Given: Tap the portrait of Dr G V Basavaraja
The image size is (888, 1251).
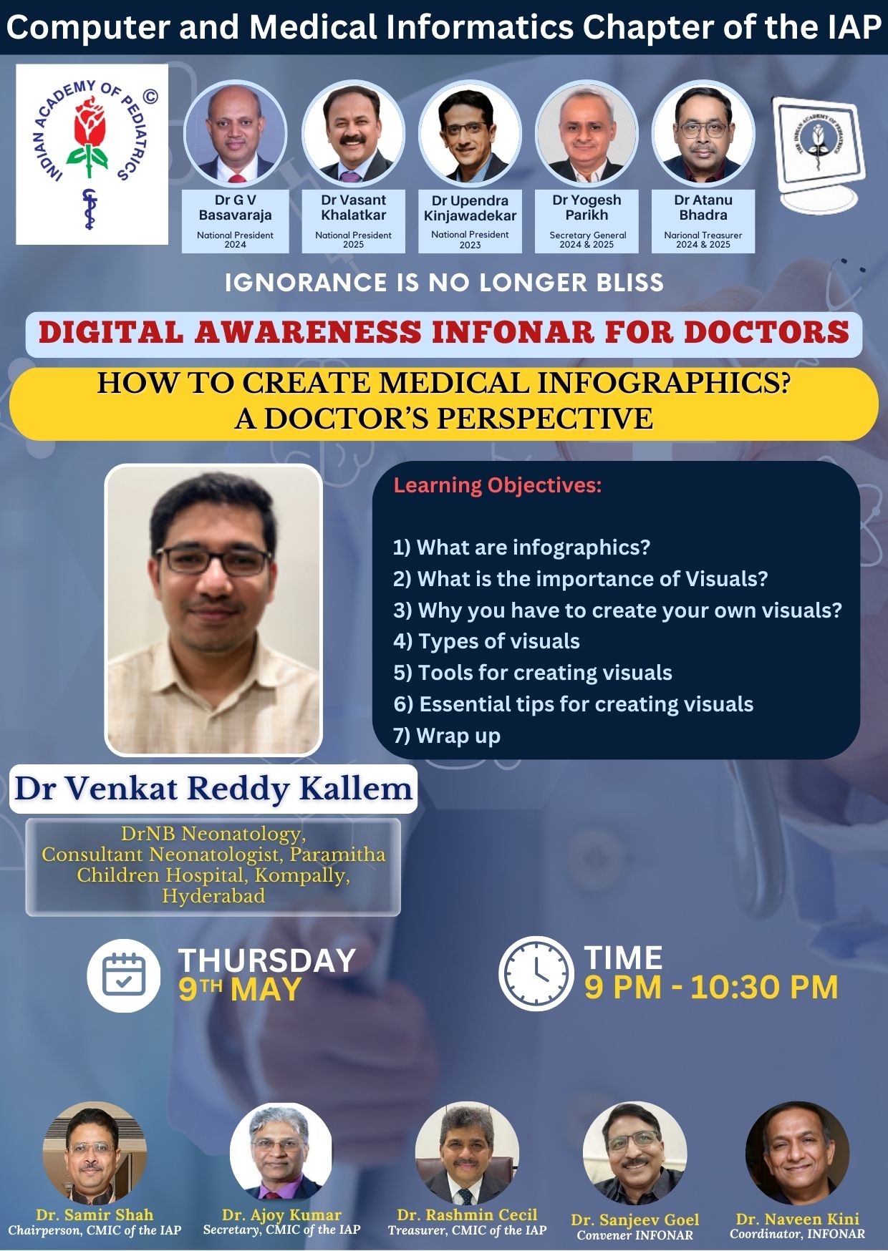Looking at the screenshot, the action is click(235, 133).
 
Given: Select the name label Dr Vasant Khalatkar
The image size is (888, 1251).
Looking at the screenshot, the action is click(354, 208).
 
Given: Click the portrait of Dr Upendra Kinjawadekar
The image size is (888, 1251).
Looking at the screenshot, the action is click(470, 133).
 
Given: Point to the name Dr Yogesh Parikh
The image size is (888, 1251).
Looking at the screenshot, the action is click(587, 208).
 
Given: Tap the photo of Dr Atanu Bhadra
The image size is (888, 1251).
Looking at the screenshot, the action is click(703, 133).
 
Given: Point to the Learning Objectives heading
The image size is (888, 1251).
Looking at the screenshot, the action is click(498, 485).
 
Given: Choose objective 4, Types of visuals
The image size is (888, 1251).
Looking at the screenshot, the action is click(486, 641).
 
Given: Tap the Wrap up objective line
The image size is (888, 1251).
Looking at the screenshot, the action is click(447, 736).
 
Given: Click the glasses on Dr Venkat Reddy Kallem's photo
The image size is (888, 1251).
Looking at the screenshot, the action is click(213, 560).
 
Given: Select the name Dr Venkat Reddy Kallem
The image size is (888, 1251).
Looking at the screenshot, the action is click(213, 789).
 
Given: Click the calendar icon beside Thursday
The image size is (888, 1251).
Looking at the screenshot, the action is click(124, 974).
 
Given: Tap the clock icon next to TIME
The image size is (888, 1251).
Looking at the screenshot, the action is click(536, 973).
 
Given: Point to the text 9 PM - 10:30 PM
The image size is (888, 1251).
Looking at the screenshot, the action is click(711, 988).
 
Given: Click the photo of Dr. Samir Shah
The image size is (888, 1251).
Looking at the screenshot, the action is click(95, 1153).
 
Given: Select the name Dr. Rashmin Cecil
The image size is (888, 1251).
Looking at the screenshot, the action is click(467, 1215).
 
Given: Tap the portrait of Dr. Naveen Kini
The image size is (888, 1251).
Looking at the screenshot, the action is click(797, 1153).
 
